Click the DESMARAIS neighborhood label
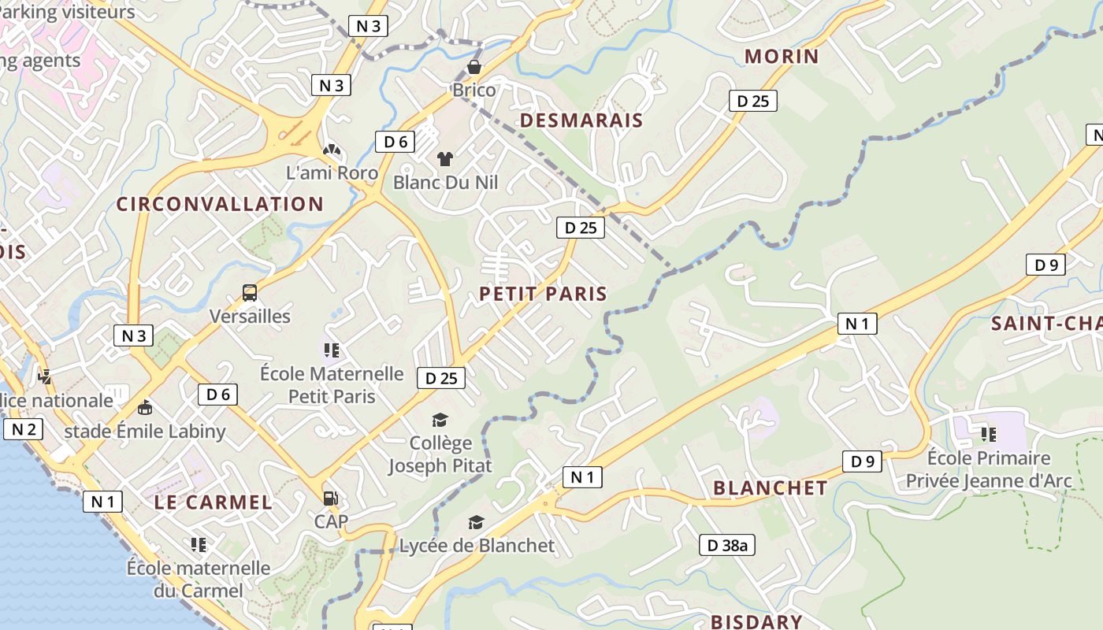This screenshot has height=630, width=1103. [581, 120]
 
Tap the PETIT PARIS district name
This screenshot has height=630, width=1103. [543, 294]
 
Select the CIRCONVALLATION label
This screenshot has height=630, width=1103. [220, 204]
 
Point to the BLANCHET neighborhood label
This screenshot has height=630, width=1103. [770, 487]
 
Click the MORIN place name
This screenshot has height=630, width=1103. [782, 57]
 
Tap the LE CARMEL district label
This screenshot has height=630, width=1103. [213, 502]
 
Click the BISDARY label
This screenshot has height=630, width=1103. [756, 621]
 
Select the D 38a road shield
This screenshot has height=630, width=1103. [726, 545]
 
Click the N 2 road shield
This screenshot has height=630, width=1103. [23, 429]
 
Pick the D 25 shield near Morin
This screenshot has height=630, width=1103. [752, 101]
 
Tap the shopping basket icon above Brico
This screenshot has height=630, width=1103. [474, 68]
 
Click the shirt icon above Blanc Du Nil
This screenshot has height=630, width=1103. [445, 159]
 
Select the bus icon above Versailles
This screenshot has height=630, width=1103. [250, 293]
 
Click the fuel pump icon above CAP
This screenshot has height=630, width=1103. [331, 498]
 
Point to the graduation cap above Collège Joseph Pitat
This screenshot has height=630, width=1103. [440, 421]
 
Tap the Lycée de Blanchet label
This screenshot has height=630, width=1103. [477, 545]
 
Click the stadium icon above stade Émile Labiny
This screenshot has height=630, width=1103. [145, 408]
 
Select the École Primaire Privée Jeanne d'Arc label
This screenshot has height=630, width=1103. [989, 469]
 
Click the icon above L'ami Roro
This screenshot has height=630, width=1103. [332, 150]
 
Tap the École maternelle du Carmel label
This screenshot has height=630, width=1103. [199, 579]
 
